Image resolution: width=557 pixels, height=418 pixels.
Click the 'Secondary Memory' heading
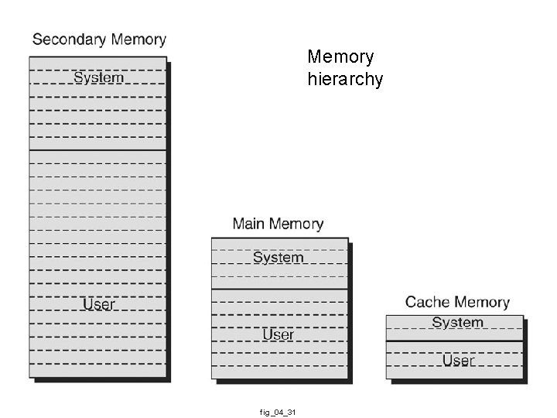pos(99,39)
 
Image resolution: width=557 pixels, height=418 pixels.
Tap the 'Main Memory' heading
pos(278,224)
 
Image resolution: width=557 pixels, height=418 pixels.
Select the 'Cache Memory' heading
pos(457,302)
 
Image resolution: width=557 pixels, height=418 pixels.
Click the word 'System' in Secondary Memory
pos(98,77)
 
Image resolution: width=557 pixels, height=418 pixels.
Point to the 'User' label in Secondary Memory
pos(98,304)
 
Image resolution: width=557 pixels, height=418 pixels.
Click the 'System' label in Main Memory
pos(278,258)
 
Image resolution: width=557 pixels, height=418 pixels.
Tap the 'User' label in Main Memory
pos(278,334)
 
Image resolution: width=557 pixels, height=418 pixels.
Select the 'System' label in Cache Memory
pos(457,323)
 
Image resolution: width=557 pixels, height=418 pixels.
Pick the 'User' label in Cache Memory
pos(458,360)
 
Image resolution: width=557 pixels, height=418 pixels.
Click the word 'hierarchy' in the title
pos(345,80)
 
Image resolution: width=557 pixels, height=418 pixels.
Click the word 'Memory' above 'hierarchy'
pos(340,57)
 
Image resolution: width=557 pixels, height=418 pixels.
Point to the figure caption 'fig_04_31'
pos(278,412)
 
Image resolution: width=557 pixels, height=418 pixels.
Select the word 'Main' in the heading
pos(249,224)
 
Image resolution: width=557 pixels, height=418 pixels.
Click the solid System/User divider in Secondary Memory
pos(98,150)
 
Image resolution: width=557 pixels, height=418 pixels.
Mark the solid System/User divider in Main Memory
pos(279,290)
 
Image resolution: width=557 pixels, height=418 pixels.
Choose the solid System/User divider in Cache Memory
pos(455,341)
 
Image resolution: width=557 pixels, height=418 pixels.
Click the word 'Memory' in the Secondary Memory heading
pos(138,39)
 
